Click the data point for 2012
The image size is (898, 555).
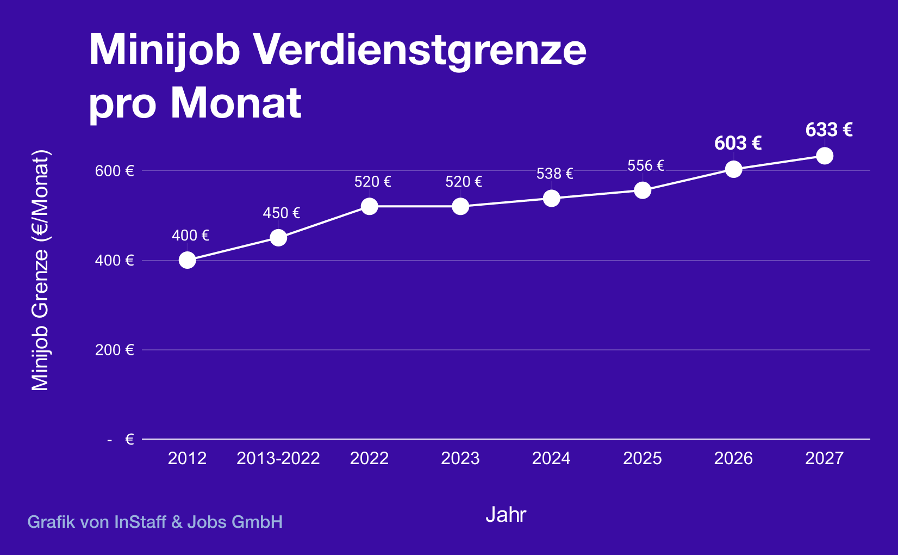pos(187,260)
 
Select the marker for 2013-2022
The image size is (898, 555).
pos(278,238)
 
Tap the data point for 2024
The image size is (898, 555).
pos(551,198)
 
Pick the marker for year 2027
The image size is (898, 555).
pos(825,156)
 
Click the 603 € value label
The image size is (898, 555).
pos(738,143)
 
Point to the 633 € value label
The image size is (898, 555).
pos(828,129)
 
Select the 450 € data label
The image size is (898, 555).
pos(281,213)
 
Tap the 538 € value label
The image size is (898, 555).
pos(554,174)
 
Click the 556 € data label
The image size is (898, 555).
pos(645,165)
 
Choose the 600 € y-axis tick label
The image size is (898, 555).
pos(114,171)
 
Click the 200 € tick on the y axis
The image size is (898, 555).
pos(114,350)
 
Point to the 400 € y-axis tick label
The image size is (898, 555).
pos(114,261)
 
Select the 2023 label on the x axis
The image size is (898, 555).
pos(460,458)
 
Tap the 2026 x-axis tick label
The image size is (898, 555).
pos(733,458)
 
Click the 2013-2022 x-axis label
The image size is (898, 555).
pos(278,458)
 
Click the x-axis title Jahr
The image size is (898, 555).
pos(506,515)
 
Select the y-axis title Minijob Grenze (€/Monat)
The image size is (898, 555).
pos(40,270)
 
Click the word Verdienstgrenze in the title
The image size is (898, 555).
pos(420,50)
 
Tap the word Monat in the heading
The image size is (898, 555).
pos(236,102)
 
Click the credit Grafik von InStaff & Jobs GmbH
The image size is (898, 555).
pos(155,522)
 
